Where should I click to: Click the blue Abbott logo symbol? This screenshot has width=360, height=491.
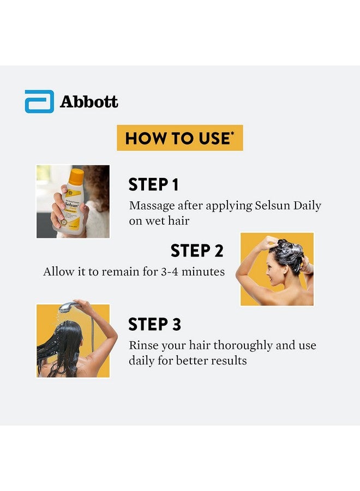tap(39, 101)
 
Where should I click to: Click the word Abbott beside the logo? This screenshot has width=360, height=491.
tap(89, 102)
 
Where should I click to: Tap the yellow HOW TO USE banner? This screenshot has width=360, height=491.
tap(179, 138)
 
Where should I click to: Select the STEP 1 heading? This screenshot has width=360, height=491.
tap(153, 185)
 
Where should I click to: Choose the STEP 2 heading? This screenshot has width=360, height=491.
tap(197, 250)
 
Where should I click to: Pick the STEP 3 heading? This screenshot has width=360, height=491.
tap(154, 325)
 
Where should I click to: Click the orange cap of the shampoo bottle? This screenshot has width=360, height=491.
tap(77, 176)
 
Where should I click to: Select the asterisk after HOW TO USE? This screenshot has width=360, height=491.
tap(232, 134)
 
